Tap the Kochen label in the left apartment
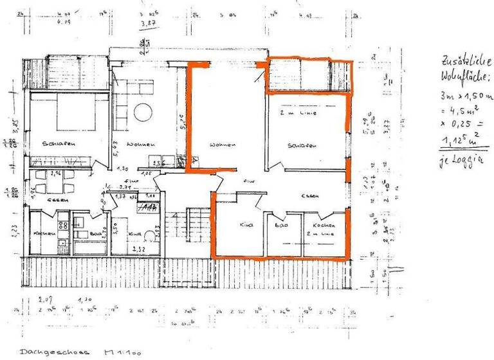tap(42, 233)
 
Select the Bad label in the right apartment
tap(280, 226)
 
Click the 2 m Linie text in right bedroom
tap(294, 113)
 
